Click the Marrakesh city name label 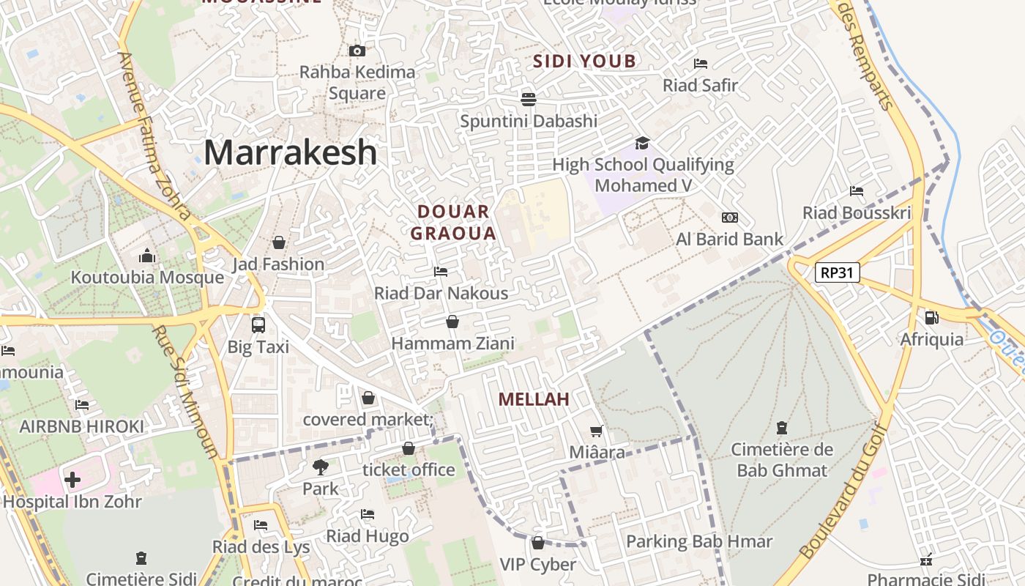(291, 152)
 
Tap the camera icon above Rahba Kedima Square (357, 51)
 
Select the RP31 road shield (838, 272)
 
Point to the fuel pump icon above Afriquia (931, 318)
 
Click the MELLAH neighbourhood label (534, 399)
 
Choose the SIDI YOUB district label (585, 61)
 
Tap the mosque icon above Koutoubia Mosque (147, 256)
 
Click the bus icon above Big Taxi (258, 324)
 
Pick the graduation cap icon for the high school (642, 143)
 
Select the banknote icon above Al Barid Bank (730, 218)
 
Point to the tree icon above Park (321, 467)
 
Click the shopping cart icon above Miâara (597, 431)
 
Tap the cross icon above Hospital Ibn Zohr (72, 480)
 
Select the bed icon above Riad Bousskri (857, 191)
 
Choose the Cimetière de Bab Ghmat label (782, 460)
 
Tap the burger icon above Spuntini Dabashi (529, 98)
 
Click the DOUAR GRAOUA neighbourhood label (454, 223)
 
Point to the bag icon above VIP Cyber (538, 543)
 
